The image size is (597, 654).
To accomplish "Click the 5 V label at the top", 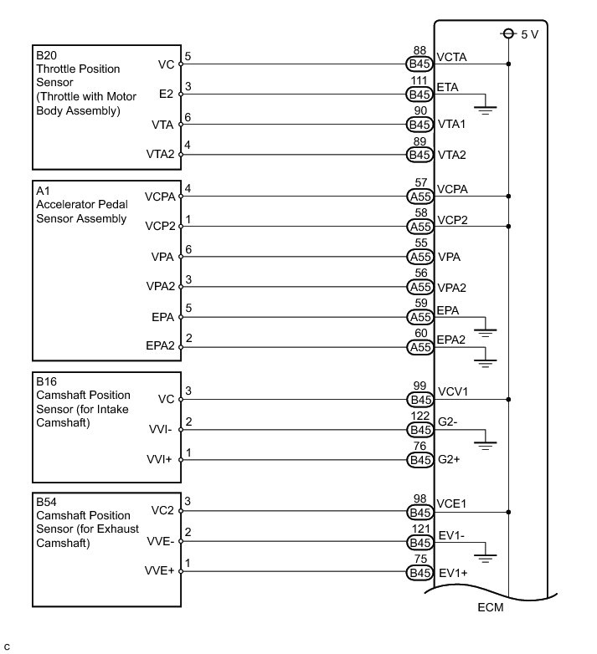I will [530, 35].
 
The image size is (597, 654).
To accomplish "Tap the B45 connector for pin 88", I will [419, 63].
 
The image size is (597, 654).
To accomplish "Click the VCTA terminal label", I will [453, 57].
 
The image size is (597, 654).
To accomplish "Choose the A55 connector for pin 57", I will [419, 197].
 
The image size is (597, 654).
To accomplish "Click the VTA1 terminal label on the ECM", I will [452, 125].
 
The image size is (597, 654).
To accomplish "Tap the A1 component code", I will [42, 191].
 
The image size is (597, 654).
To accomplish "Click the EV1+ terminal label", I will [452, 573].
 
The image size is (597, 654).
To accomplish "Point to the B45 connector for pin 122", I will [419, 430].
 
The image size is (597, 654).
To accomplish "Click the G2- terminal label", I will [448, 423].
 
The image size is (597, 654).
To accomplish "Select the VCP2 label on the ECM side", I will [453, 220].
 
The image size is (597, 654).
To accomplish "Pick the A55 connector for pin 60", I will [419, 347].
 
